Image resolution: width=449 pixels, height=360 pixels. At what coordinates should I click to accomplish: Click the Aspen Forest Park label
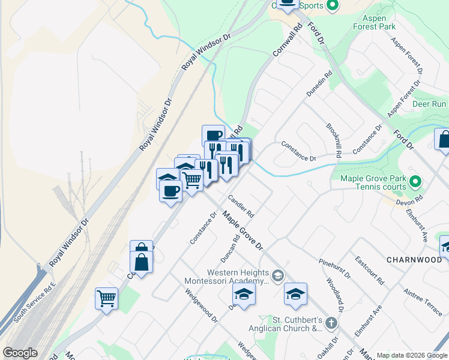(x=379, y=23)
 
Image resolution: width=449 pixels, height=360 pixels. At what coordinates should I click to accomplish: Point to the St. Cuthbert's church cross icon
(x=331, y=323)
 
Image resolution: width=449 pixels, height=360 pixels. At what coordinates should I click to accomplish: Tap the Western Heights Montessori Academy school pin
(x=277, y=276)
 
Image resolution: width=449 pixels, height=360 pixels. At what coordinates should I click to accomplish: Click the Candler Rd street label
(x=241, y=206)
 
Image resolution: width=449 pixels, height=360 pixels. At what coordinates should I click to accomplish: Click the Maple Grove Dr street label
(x=243, y=230)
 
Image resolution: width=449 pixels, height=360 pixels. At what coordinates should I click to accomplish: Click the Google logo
(x=20, y=353)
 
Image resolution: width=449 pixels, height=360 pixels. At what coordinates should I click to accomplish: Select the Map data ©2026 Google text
(x=411, y=355)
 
